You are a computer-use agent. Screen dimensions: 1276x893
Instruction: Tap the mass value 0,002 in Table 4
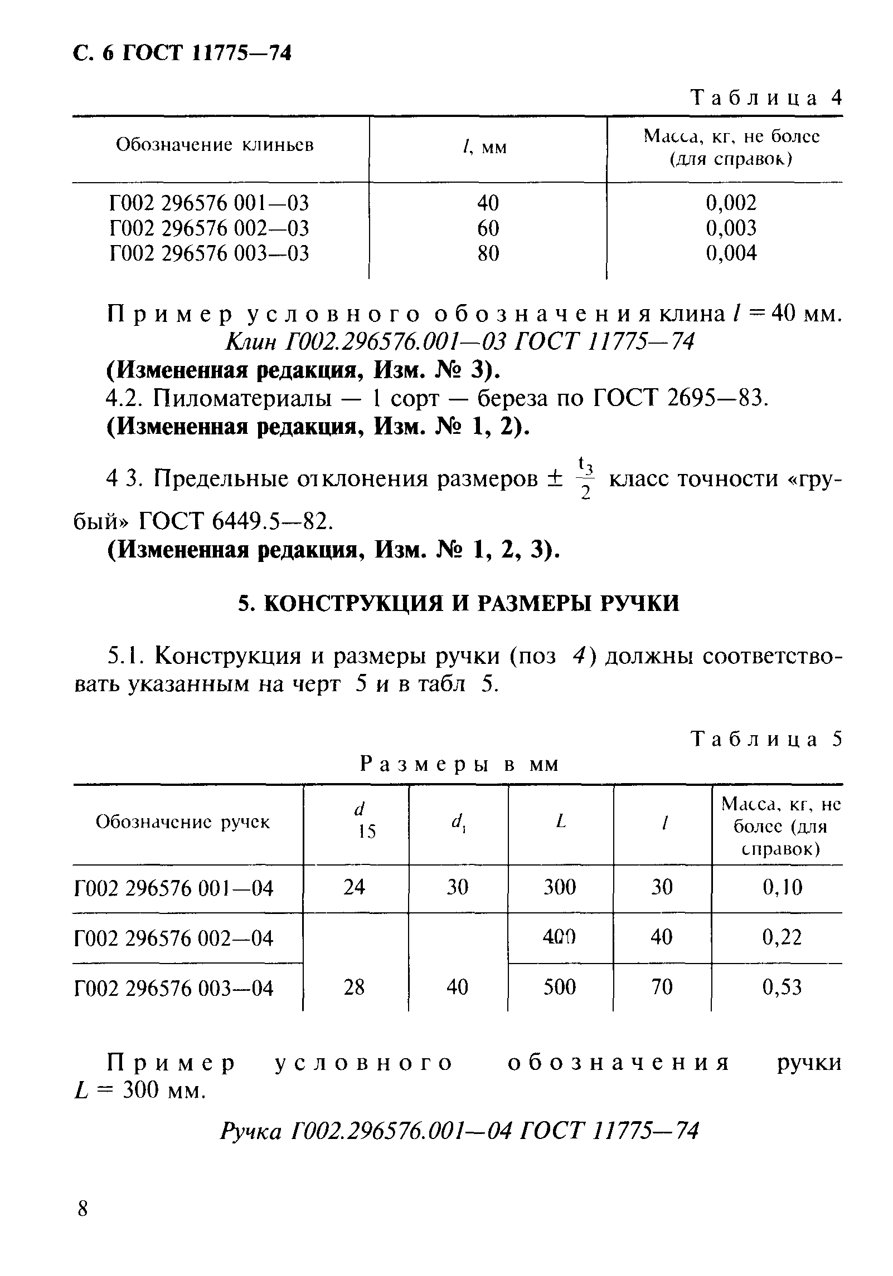[x=731, y=203]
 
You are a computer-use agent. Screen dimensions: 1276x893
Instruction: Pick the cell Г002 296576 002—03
[x=209, y=228]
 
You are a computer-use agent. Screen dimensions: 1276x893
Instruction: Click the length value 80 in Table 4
[x=488, y=253]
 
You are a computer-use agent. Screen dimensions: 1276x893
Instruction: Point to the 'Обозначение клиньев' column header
[x=215, y=145]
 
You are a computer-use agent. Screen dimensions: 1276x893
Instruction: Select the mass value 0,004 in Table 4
[x=731, y=253]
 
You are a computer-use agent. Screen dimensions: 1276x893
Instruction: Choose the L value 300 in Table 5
[x=560, y=887]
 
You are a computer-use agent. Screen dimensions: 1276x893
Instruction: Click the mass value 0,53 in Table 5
[x=782, y=987]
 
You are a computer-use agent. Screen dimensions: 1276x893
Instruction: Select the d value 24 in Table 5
[x=355, y=887]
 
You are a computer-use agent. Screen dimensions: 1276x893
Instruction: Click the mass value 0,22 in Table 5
[x=782, y=938]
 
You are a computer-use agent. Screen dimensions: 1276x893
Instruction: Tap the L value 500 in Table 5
[x=560, y=987]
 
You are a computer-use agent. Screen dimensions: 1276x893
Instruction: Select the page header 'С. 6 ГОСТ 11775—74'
[x=183, y=53]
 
